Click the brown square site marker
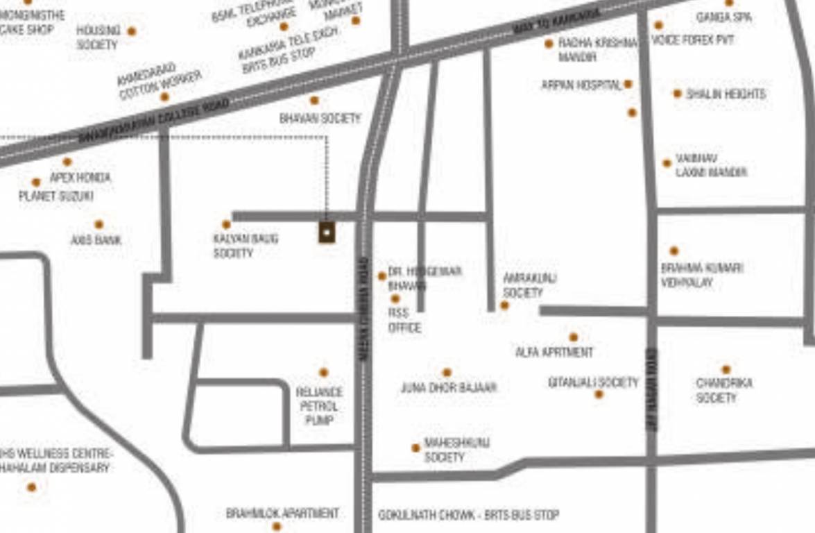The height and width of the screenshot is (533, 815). [327, 232]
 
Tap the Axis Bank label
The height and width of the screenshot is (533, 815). [96, 240]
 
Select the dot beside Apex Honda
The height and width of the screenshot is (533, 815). [67, 162]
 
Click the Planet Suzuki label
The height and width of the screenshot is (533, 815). [56, 196]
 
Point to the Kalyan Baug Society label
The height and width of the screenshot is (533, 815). [246, 246]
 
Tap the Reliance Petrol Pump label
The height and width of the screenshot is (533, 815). [319, 406]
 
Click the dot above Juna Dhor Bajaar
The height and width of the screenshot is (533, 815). [447, 373]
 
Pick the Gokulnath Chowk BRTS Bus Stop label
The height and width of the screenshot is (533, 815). [468, 515]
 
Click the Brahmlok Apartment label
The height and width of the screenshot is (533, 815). [282, 514]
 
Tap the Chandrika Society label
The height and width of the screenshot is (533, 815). [724, 390]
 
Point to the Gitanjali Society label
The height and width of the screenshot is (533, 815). [593, 382]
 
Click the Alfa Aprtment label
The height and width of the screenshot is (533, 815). [554, 353]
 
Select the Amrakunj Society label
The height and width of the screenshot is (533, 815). [529, 285]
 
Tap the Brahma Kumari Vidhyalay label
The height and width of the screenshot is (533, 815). [701, 275]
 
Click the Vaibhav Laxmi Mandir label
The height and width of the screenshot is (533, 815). [711, 166]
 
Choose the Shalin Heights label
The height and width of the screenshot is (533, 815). [726, 94]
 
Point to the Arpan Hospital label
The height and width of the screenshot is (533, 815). [581, 85]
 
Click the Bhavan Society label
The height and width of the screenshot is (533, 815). [320, 119]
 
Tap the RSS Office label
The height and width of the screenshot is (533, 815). [404, 321]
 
